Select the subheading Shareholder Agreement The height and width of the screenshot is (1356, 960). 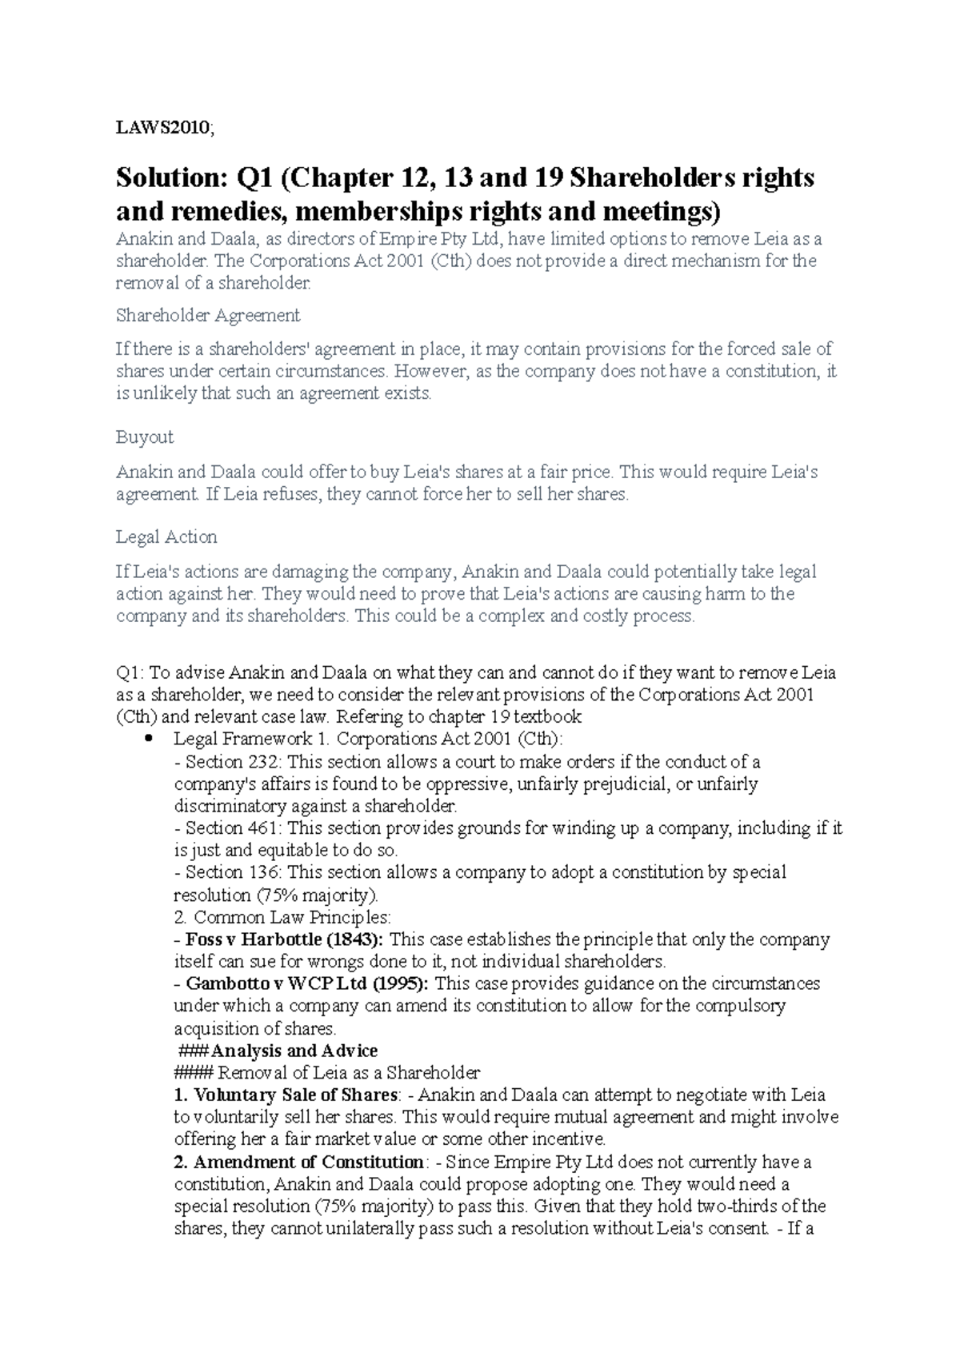coord(208,315)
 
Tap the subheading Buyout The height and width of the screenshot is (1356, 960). coord(144,437)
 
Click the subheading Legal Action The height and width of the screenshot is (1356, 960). coord(166,536)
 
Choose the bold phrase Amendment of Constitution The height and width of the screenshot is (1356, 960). coord(308,1162)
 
